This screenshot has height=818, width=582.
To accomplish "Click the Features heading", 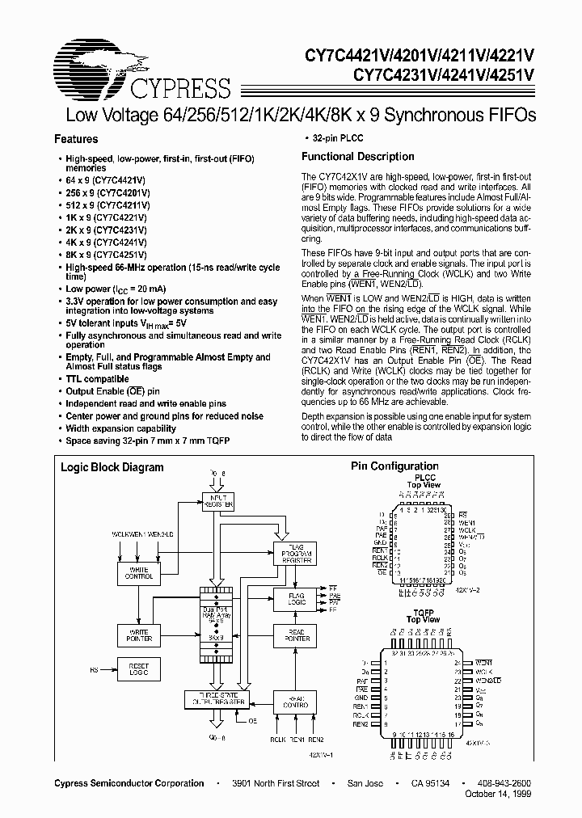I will pos(76,139).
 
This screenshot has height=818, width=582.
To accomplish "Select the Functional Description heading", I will pos(357,157).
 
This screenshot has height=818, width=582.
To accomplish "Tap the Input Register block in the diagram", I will pos(217,500).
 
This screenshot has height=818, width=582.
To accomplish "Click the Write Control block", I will pos(139,573).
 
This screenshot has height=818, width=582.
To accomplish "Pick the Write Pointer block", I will pos(139,635).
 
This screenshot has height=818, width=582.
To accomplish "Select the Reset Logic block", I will pos(139,669).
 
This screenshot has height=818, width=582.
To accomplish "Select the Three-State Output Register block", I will pos(217,698).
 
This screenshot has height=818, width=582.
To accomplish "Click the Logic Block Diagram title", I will pos(112,467).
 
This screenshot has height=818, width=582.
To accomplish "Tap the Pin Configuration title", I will pos(394,466).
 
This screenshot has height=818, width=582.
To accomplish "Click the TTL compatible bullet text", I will pos(97,378).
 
